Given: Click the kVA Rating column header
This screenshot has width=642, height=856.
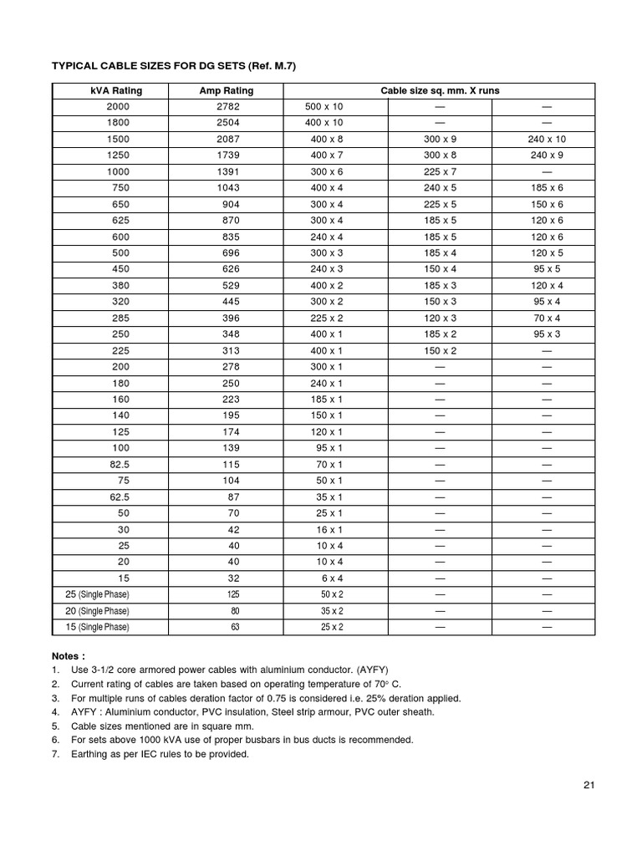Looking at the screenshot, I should tap(119, 91).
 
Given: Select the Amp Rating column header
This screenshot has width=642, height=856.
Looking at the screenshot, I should tap(227, 91).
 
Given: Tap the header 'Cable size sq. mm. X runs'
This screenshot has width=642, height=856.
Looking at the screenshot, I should tap(441, 91).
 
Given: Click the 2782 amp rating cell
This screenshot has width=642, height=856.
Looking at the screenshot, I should tap(227, 107).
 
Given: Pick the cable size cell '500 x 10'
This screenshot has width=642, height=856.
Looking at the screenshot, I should tap(327, 107).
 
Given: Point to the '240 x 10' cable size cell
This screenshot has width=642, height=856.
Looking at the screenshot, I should tap(548, 140).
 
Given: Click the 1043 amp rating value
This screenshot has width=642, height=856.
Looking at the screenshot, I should tap(227, 188).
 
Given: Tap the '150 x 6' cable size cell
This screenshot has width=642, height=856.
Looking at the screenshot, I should tap(548, 205).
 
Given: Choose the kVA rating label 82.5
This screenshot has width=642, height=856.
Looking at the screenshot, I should tap(119, 465).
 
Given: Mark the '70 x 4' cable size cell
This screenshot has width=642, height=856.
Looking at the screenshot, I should tap(548, 318).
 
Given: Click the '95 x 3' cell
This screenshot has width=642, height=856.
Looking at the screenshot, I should tap(548, 334).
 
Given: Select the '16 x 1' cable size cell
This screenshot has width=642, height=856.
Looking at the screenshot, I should tap(327, 530).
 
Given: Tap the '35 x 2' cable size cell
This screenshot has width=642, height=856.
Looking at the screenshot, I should tap(332, 611).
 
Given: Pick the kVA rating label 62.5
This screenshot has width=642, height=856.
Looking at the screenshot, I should tap(119, 497).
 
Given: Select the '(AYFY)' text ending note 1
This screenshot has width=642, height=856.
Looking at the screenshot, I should tap(368, 670).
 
